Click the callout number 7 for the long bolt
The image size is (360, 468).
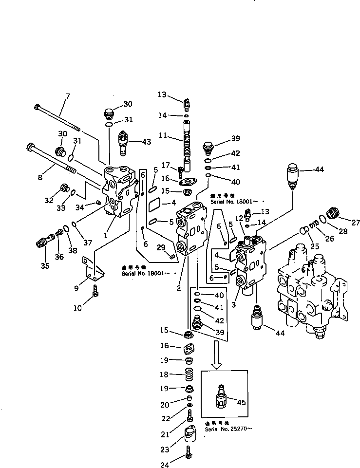68,95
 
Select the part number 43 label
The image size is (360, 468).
146,142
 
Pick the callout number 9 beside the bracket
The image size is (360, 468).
76,288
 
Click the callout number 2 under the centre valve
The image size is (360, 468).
179,288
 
